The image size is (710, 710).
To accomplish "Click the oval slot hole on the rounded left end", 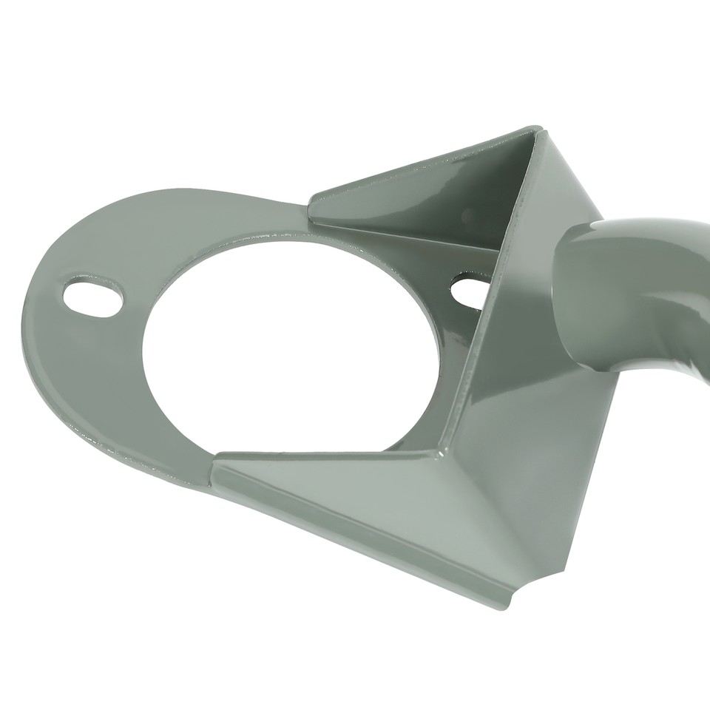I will (x=93, y=297).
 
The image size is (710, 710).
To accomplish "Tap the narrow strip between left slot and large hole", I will (x=133, y=311).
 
